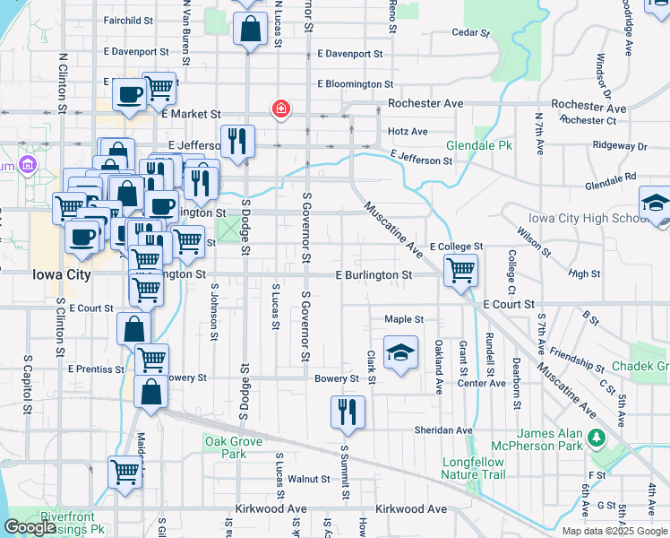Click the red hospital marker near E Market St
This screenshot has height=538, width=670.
[x=281, y=110]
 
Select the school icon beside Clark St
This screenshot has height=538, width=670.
[x=400, y=351]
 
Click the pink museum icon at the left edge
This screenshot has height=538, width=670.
[x=27, y=165]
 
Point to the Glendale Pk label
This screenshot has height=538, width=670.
[x=479, y=145]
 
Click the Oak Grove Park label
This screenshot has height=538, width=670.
[x=233, y=447]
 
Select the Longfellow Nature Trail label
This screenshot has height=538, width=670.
[x=474, y=468]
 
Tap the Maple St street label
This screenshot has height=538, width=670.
[x=403, y=319]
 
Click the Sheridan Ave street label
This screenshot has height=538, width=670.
[x=442, y=430]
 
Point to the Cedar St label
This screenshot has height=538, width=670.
[x=471, y=32]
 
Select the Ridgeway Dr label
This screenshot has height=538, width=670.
[x=619, y=145]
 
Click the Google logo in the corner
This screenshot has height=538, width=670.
[x=30, y=527]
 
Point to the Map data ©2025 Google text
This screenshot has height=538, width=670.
[x=614, y=531]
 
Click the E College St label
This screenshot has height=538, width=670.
[x=456, y=246]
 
